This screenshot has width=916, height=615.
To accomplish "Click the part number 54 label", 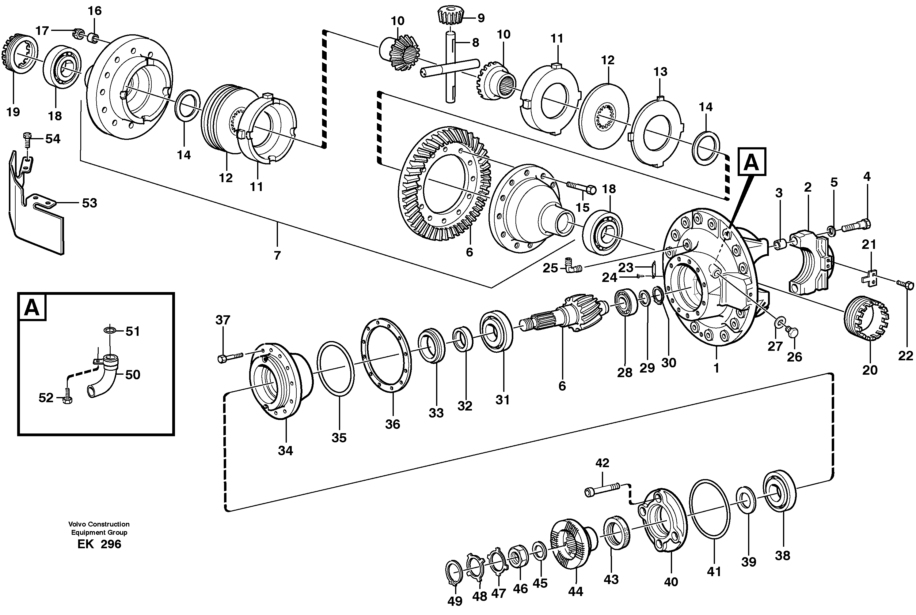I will click(x=53, y=139).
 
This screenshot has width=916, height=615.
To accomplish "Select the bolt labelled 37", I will click(x=230, y=357).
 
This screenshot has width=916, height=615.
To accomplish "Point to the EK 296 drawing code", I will click(x=99, y=544).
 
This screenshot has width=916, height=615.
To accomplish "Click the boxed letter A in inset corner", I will click(x=32, y=308).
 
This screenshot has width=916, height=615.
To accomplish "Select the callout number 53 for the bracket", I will click(x=89, y=203).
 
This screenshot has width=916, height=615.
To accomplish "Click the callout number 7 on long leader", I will click(x=277, y=255).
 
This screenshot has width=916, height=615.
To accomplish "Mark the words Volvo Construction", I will click(x=99, y=524).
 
